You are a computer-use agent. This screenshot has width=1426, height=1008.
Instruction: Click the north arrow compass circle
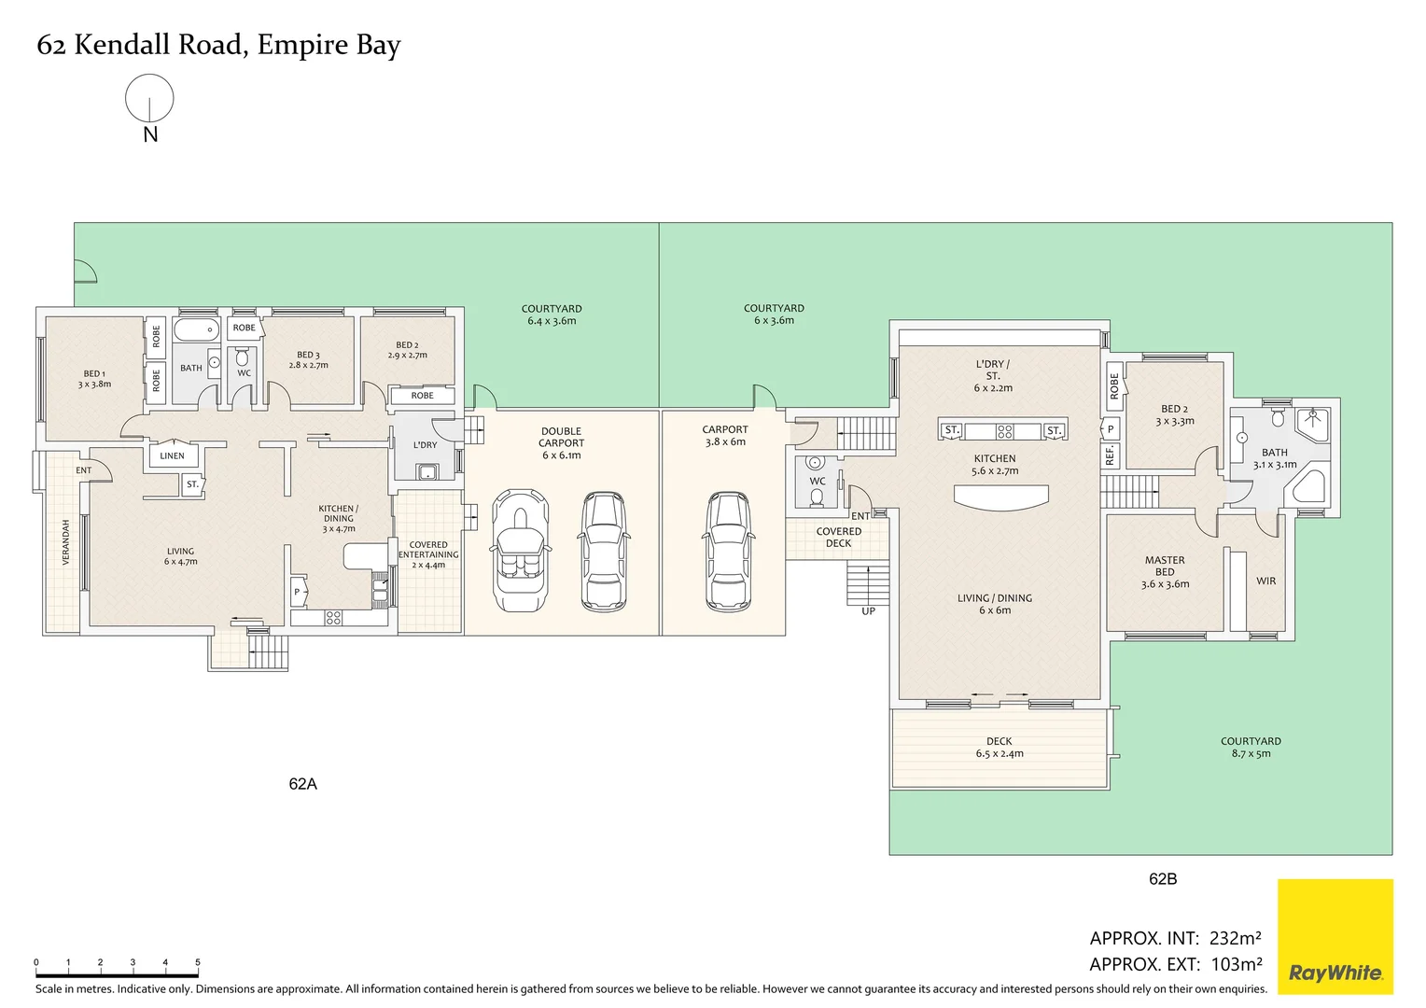coord(149,98)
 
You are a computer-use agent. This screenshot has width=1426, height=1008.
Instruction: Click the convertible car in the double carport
coord(520,551)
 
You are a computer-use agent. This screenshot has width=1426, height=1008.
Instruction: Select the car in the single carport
coord(724,551)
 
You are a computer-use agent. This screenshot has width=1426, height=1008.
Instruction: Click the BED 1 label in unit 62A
coord(94,378)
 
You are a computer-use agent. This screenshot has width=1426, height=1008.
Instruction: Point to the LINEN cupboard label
coord(173,455)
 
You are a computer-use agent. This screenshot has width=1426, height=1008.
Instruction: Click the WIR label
coord(1265,581)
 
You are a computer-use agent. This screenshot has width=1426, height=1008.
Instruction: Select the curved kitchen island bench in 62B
coord(1000,497)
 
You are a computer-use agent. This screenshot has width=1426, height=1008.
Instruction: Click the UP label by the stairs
coord(868,611)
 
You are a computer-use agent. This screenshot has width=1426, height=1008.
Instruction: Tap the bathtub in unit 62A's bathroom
coord(196,329)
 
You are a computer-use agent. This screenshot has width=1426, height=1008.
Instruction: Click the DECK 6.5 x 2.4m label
coord(1000,748)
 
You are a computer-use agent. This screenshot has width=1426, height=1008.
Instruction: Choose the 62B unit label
coord(1163,878)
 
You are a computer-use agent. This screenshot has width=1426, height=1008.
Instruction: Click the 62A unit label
coord(302,784)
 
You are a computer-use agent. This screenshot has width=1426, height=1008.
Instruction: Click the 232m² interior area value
coord(1235,938)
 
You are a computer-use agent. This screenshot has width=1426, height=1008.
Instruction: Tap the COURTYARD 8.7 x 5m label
coord(1251,747)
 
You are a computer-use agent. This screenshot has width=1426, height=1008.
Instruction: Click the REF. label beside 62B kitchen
coord(1110,455)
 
